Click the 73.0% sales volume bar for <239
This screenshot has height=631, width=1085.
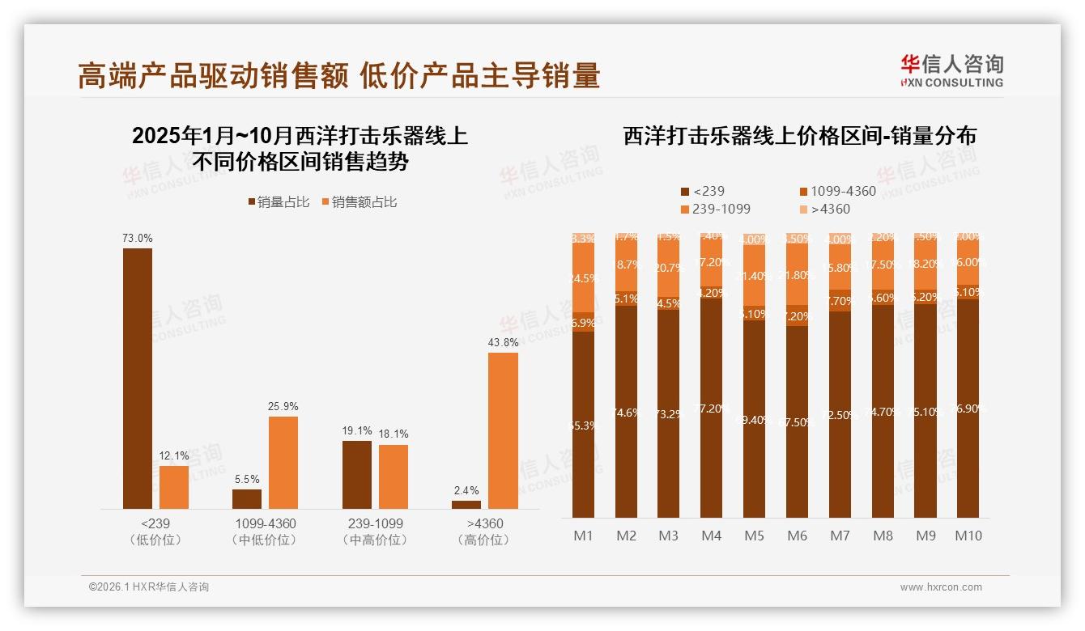pyautogui.click(x=138, y=378)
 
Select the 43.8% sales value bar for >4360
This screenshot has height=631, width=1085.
pyautogui.click(x=503, y=430)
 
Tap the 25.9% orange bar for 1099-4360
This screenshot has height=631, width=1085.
pyautogui.click(x=283, y=462)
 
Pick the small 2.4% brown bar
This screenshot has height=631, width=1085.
pyautogui.click(x=466, y=504)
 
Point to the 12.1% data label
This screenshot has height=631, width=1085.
pyautogui.click(x=174, y=456)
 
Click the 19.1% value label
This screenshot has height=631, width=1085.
pyautogui.click(x=357, y=431)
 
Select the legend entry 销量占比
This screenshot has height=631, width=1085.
pyautogui.click(x=279, y=202)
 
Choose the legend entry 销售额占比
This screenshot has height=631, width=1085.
pyautogui.click(x=360, y=202)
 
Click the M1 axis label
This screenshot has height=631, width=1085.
pyautogui.click(x=584, y=536)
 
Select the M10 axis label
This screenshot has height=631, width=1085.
pyautogui.click(x=968, y=536)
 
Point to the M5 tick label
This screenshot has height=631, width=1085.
pyautogui.click(x=754, y=536)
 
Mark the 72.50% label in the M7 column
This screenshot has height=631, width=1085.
pyautogui.click(x=840, y=415)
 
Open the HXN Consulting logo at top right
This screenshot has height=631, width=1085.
pyautogui.click(x=951, y=70)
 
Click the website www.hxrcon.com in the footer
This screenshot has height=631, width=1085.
pyautogui.click(x=941, y=587)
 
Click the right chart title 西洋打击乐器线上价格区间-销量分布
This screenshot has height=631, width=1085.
pyautogui.click(x=799, y=136)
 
